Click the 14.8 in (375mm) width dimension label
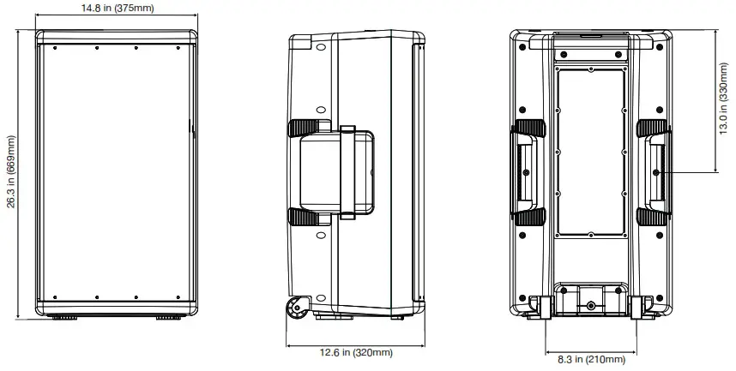click(117, 9)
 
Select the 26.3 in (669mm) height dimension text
click(10, 171)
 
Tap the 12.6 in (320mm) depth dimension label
click(356, 352)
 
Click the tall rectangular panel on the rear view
click(590, 153)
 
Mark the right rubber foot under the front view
click(168, 317)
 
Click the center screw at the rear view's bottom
click(590, 306)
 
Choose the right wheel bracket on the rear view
click(642, 307)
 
